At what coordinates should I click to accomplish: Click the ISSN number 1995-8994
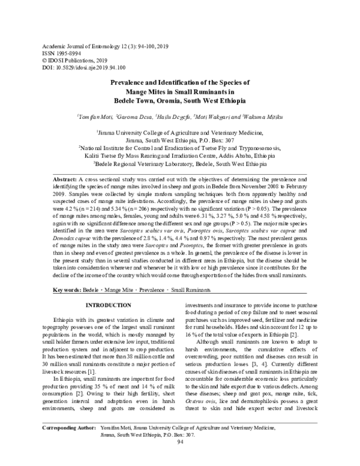(x=67, y=53)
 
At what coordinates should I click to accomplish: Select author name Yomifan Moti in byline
(x=96, y=116)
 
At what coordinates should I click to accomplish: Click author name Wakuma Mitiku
(x=264, y=116)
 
